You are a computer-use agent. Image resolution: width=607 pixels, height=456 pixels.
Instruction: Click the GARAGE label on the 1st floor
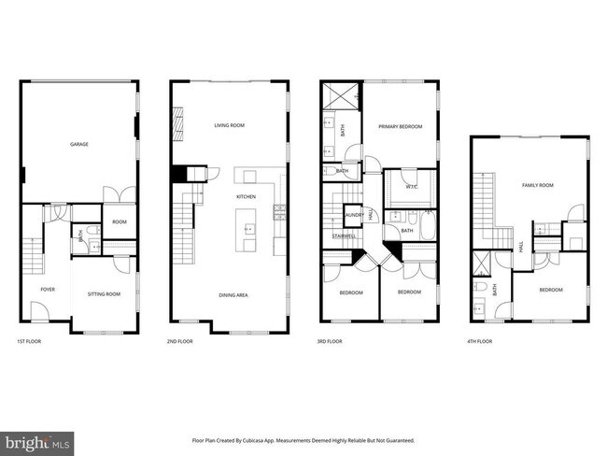79,144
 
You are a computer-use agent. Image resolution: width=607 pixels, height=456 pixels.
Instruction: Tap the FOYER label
48,290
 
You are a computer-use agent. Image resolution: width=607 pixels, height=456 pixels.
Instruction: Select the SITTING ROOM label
105,294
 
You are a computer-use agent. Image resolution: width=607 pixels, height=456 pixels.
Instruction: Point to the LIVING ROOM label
229,124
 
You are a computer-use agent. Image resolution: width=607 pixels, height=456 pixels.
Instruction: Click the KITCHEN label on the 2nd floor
246,197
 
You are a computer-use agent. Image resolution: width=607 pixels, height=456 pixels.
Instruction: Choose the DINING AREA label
233,295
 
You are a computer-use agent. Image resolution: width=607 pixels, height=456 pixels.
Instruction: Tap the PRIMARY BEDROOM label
400,125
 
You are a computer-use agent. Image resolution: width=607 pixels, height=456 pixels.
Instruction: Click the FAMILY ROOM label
537,185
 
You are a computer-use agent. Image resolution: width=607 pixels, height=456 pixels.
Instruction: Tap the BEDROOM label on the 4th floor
551,290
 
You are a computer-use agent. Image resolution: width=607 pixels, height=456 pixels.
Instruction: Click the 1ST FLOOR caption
29,342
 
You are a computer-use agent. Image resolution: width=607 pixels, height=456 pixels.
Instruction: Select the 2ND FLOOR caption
179,342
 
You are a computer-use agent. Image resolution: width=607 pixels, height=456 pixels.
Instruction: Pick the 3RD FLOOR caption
330,342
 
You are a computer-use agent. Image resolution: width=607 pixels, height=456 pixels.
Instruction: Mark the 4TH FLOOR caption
479,342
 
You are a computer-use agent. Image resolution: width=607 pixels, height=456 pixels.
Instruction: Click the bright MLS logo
35,440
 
